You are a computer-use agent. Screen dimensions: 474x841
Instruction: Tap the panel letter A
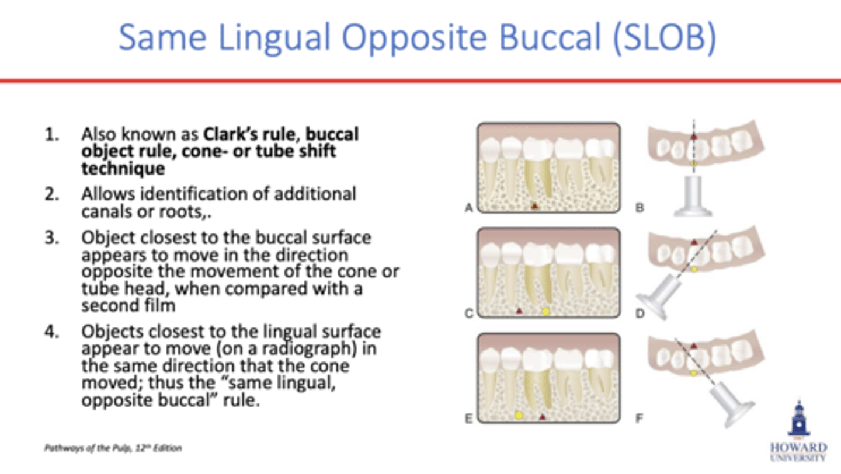tap(468, 207)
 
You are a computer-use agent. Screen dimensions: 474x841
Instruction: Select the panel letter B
tap(640, 207)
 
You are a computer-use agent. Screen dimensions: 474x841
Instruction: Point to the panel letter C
tap(468, 313)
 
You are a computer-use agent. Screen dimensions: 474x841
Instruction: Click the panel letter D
tap(640, 313)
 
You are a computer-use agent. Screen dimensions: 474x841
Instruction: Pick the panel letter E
tap(468, 418)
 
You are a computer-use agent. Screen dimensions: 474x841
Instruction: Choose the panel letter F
tap(640, 418)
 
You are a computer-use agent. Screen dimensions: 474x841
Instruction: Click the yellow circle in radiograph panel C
tap(546, 311)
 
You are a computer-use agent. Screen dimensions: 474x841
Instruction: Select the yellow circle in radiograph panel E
tap(519, 416)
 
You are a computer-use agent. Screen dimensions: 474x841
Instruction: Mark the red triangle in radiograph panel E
tap(543, 417)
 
